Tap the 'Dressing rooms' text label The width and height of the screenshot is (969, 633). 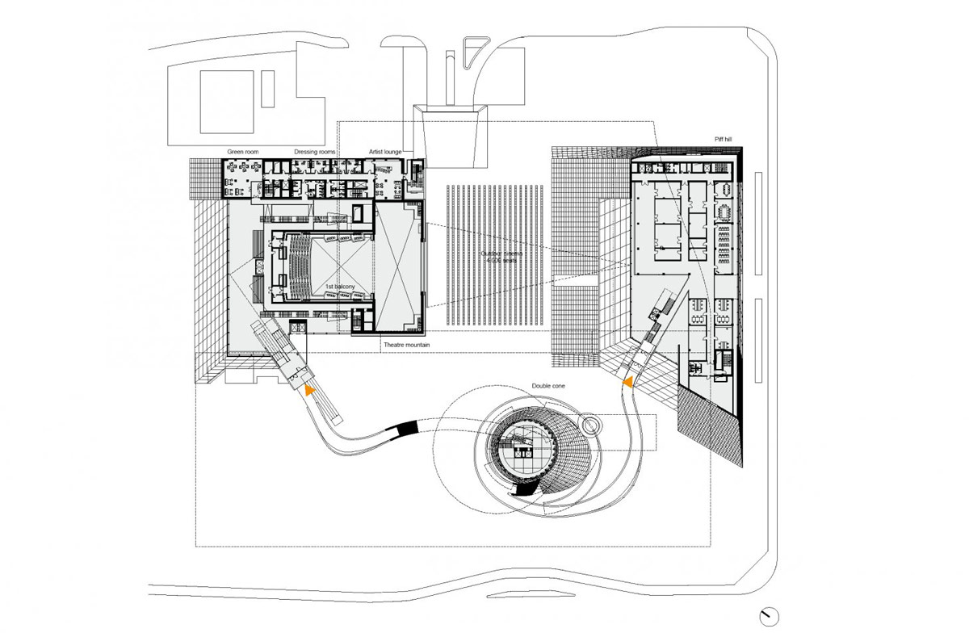click(x=314, y=152)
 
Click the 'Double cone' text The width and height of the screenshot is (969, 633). click(x=548, y=387)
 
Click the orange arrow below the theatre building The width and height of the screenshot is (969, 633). click(x=308, y=388)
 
